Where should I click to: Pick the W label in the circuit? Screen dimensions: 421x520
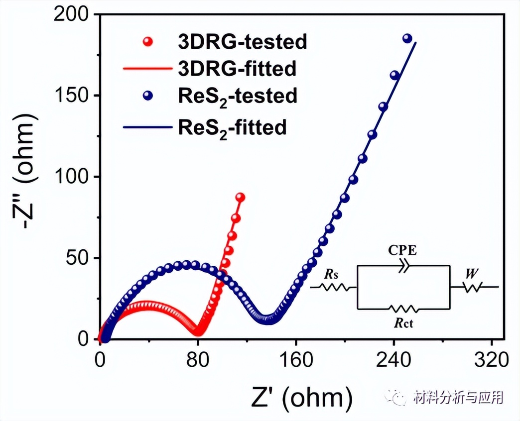469,273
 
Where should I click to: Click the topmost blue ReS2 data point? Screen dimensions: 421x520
407,39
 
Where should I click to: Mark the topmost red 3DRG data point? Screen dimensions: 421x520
240,197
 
